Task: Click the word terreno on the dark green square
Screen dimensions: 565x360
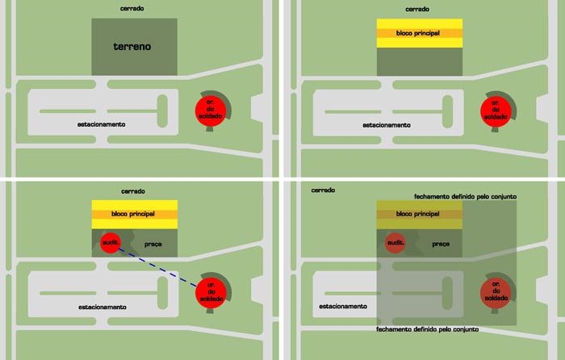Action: tap(132, 47)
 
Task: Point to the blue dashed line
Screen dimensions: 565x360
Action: tap(157, 267)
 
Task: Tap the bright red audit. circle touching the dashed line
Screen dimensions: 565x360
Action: tap(111, 243)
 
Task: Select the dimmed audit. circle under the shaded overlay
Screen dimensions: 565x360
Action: tap(395, 243)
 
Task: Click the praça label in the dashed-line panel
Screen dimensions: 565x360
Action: tap(153, 245)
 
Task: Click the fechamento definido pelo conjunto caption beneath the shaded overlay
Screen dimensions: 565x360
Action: tap(427, 329)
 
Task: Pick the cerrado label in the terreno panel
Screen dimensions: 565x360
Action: tap(132, 8)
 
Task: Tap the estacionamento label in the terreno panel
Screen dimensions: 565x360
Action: tap(101, 124)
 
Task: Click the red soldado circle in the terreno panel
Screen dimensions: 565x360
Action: tap(211, 111)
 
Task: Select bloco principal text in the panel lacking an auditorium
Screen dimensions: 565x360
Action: tap(417, 33)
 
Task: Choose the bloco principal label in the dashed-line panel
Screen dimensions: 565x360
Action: tap(133, 214)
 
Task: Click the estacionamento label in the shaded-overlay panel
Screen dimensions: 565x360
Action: tap(343, 306)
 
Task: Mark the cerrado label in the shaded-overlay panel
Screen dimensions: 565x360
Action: tap(323, 190)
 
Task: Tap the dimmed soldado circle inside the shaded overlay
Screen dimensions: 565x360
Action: tap(496, 293)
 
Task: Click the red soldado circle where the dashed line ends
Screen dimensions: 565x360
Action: tap(211, 293)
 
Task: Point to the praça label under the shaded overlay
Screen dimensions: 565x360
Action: tap(441, 245)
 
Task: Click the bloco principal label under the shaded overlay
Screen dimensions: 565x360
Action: tap(417, 214)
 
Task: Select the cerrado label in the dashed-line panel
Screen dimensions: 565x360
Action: tap(133, 191)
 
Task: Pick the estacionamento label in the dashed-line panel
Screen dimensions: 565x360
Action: tap(103, 307)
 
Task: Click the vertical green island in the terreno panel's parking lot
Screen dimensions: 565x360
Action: tap(162, 111)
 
